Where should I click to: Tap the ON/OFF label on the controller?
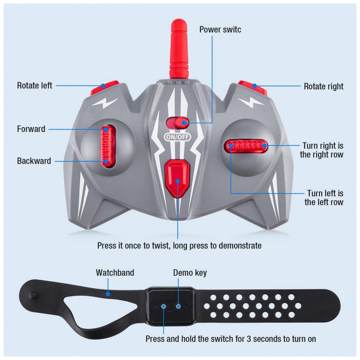177,137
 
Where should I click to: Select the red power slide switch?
177,123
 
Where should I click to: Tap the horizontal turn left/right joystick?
246,145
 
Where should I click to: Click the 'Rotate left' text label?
35,85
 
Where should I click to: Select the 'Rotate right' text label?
324,86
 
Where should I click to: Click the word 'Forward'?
31,129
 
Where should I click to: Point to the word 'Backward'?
34,161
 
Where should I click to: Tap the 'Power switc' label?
220,30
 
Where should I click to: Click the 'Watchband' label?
115,273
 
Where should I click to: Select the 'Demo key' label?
190,273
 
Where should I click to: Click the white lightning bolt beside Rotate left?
105,103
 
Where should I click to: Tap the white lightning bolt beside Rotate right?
251,103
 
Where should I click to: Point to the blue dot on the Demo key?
178,306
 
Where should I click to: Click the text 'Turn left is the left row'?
324,198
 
